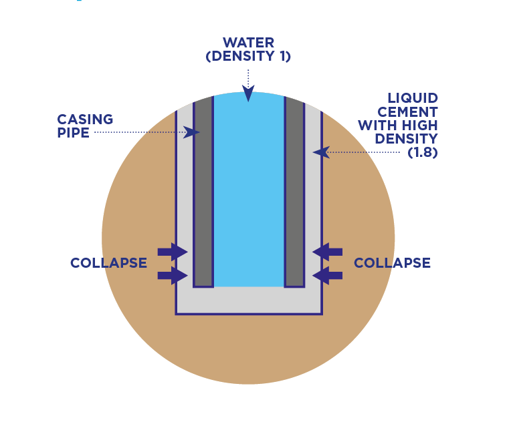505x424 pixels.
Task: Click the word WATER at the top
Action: click(x=248, y=43)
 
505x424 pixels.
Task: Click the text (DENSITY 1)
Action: click(x=248, y=56)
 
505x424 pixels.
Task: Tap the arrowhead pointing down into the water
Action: click(x=248, y=93)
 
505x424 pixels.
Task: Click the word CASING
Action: click(x=85, y=120)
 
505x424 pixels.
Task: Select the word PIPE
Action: click(x=73, y=133)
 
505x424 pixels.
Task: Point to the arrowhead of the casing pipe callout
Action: click(x=191, y=132)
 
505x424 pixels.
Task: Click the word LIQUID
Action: click(x=413, y=98)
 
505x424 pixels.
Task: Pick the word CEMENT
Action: click(x=408, y=112)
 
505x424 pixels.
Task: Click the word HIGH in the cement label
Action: click(x=419, y=126)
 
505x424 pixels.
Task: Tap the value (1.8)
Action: click(x=423, y=152)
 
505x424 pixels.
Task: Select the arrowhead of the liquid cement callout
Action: click(x=321, y=152)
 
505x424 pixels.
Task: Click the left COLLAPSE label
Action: click(x=108, y=263)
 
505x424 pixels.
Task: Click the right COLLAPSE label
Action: click(x=392, y=263)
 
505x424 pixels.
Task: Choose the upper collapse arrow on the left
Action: click(x=173, y=252)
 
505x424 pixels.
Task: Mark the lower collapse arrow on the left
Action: click(x=173, y=276)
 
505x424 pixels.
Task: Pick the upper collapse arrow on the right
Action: click(x=327, y=252)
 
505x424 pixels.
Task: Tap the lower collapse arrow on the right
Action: click(x=327, y=276)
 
